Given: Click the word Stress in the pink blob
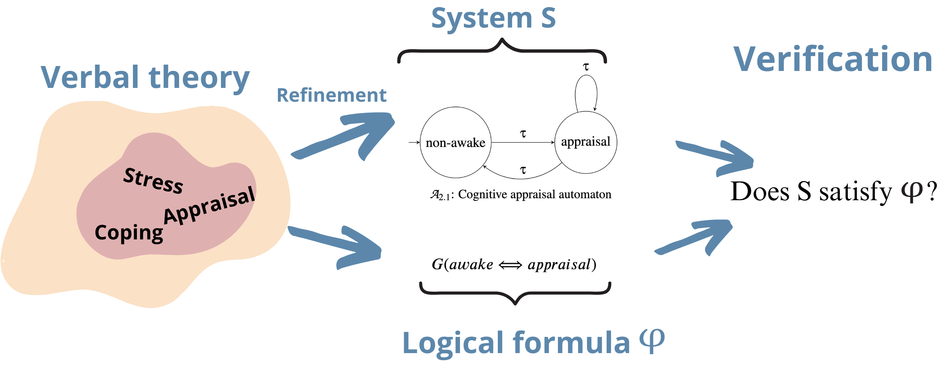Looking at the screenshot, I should (x=153, y=180).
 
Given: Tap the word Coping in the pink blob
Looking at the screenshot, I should (x=129, y=233).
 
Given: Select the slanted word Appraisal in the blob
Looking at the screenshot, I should (x=209, y=205).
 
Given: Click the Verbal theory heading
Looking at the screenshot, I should (x=145, y=77).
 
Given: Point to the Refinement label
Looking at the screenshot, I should (x=331, y=95).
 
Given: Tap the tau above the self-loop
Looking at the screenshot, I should (x=586, y=67).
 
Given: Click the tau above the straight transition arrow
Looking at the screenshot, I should (x=523, y=134).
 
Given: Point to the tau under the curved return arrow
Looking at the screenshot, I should (x=523, y=170).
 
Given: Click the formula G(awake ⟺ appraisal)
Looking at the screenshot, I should (x=514, y=265).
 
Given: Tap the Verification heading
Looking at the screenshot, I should (x=833, y=59).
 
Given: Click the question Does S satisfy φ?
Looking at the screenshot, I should (x=833, y=191).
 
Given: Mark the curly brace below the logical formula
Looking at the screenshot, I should (x=515, y=293).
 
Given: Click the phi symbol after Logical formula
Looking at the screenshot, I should (x=652, y=341).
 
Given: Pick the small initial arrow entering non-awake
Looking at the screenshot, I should (x=414, y=142).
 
